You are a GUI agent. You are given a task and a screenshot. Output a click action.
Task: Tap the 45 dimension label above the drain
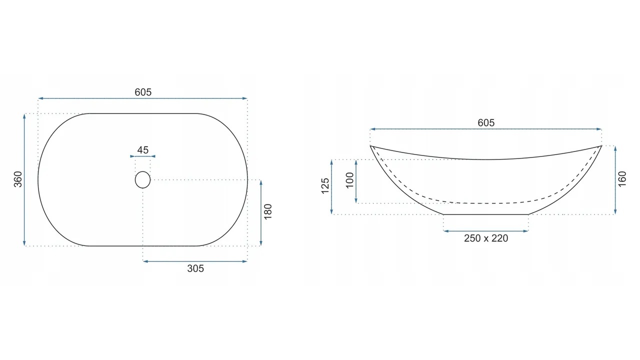coord(143,150)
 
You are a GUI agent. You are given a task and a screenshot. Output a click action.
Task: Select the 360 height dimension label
coord(18,179)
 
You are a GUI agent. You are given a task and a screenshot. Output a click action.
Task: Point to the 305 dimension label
coord(195,268)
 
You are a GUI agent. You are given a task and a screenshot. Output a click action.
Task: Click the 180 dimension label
coord(267,211)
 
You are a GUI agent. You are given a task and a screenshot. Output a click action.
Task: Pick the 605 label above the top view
coord(143,92)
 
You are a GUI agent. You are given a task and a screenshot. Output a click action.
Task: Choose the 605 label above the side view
coord(486,123)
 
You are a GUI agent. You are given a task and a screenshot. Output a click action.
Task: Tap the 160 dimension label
coord(622,179)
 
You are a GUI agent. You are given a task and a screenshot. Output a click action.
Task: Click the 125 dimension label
coord(325,186)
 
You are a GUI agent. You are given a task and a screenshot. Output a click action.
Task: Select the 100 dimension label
coord(349,180)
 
